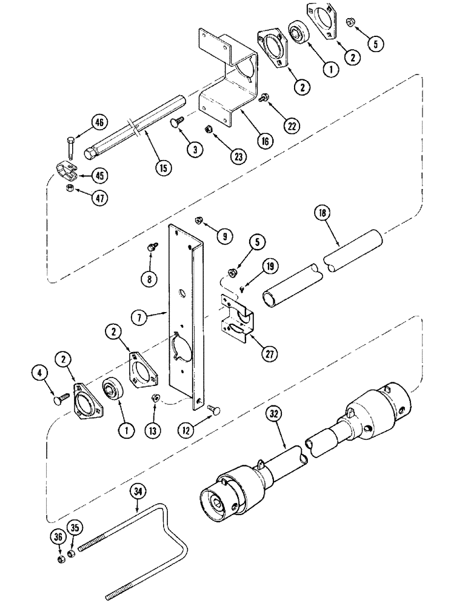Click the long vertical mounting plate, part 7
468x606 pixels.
[185, 315]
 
